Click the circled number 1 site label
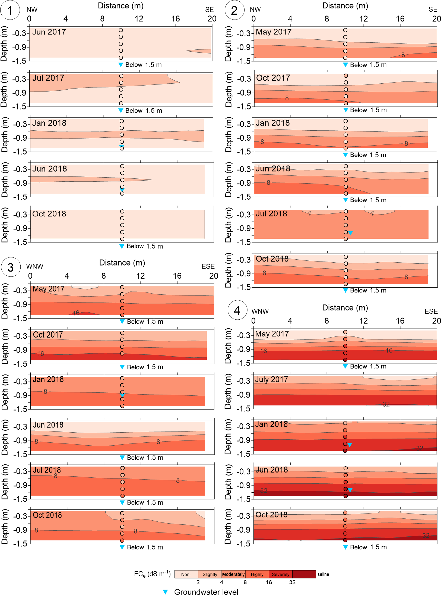10,10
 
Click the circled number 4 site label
237,310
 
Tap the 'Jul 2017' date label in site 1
48,78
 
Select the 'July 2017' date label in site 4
271,379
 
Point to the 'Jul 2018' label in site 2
271,214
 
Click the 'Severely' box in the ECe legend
280,574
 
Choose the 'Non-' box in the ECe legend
186,574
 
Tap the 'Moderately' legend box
233,574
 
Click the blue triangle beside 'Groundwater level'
165,592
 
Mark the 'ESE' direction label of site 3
208,266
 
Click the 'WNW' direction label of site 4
260,311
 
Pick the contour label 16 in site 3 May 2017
76,313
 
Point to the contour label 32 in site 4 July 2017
386,404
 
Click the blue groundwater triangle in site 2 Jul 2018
350,233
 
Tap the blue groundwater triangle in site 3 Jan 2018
122,395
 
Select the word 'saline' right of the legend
323,574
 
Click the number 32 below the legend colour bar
292,582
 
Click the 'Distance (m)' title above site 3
122,263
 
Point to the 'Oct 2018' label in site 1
49,214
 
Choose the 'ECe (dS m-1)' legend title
152,574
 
